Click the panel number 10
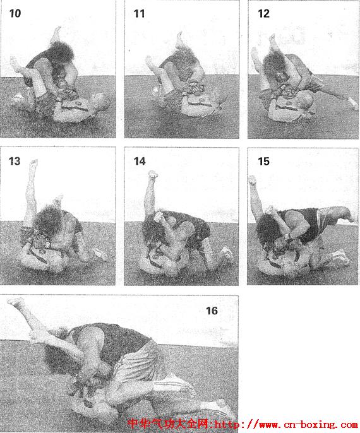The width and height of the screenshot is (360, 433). coord(15,13)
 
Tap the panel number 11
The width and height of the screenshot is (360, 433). coord(139,13)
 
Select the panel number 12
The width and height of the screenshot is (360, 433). coord(263,13)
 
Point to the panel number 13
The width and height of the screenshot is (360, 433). coord(15,161)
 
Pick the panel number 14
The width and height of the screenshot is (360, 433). coord(140,162)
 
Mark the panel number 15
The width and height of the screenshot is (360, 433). coord(263,162)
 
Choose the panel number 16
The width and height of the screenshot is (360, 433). coord(212,311)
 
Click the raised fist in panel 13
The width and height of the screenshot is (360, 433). coord(34,162)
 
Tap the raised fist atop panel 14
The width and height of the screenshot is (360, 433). coord(153,174)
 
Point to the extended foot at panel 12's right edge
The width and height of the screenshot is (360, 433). coord(353,104)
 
